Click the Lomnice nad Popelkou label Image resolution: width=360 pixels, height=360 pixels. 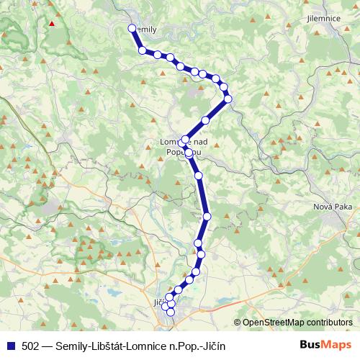(x=184, y=147)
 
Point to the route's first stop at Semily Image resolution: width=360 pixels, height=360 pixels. (x=132, y=28)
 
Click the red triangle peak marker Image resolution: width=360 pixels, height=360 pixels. (x=51, y=23)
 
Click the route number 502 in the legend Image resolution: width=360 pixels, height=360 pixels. (x=31, y=346)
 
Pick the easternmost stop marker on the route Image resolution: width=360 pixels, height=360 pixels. (x=228, y=99)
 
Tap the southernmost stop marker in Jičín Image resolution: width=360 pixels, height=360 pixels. (x=171, y=311)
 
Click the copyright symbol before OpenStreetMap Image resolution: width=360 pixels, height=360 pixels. (x=237, y=323)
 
